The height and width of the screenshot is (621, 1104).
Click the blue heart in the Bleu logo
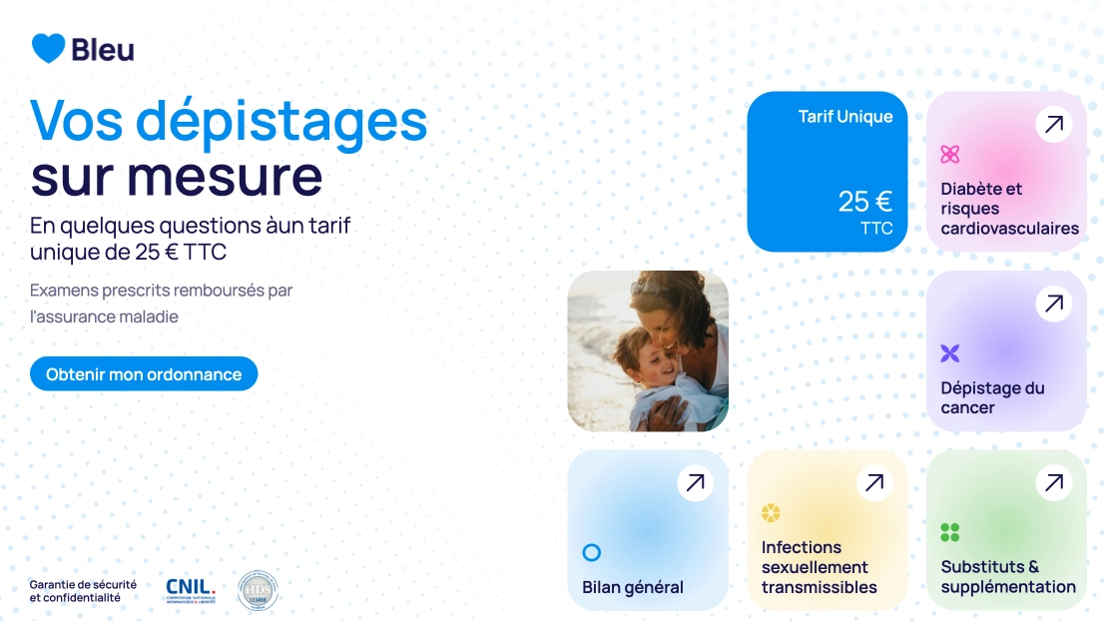[48, 48]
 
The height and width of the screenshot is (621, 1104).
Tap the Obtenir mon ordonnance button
[144, 374]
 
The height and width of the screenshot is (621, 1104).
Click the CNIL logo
[190, 590]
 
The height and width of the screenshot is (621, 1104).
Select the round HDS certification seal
[258, 590]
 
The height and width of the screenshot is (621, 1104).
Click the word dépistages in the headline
[281, 120]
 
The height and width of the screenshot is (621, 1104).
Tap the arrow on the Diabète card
[1053, 125]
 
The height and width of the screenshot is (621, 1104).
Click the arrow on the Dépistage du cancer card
[1053, 305]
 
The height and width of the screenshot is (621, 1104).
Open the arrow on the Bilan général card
[695, 483]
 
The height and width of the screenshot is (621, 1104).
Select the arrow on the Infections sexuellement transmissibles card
[874, 483]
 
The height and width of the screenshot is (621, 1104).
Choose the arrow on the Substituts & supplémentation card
[1053, 483]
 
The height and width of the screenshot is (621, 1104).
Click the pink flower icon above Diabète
[949, 154]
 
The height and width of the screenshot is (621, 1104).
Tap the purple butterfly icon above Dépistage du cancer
[949, 353]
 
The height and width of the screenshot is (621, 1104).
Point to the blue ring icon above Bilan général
[591, 552]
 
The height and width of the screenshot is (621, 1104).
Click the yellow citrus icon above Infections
[771, 513]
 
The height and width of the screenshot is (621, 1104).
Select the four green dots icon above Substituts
[949, 532]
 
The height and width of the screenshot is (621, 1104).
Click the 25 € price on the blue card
[864, 202]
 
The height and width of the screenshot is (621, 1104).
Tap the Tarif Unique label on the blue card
[844, 117]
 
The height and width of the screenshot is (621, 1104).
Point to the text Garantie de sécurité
[83, 584]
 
